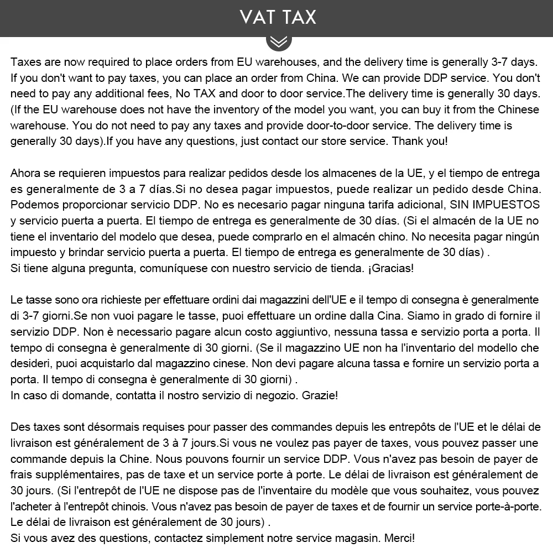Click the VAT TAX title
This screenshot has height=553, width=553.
click(278, 17)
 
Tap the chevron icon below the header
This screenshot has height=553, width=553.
click(278, 41)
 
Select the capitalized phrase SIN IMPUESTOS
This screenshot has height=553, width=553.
click(495, 205)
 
